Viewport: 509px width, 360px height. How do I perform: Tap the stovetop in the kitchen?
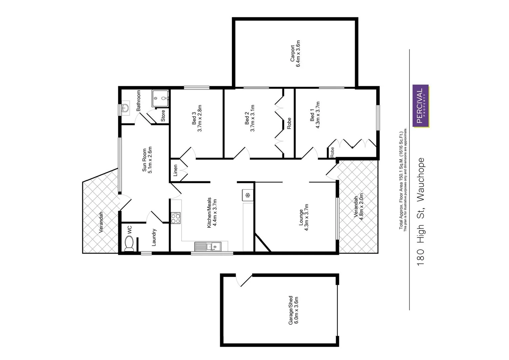pos(176,218)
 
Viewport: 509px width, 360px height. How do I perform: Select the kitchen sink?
pos(207,247)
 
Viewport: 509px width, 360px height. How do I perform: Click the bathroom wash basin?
pos(125,108)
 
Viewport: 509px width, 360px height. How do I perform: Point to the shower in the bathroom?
pos(160,98)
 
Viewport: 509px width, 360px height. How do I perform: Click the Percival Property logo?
pos(421,106)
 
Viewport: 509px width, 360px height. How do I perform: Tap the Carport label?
pos(292,54)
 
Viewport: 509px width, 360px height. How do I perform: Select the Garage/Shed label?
pos(291,310)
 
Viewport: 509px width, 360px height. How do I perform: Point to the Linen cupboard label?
pos(176,170)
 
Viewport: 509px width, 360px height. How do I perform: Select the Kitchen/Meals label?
pos(209,213)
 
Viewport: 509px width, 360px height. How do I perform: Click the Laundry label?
pos(154,237)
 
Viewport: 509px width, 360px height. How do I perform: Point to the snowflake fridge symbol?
pos(248,195)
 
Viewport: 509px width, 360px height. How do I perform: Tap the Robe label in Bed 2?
pos(289,123)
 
